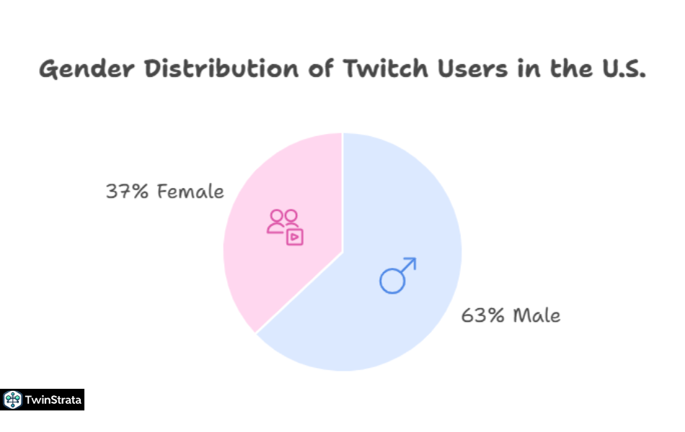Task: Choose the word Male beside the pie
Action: [537, 315]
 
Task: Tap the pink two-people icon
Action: [282, 220]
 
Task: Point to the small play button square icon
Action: [294, 237]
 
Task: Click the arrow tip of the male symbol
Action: [413, 260]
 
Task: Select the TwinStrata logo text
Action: [53, 400]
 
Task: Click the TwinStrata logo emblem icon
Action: [12, 400]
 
